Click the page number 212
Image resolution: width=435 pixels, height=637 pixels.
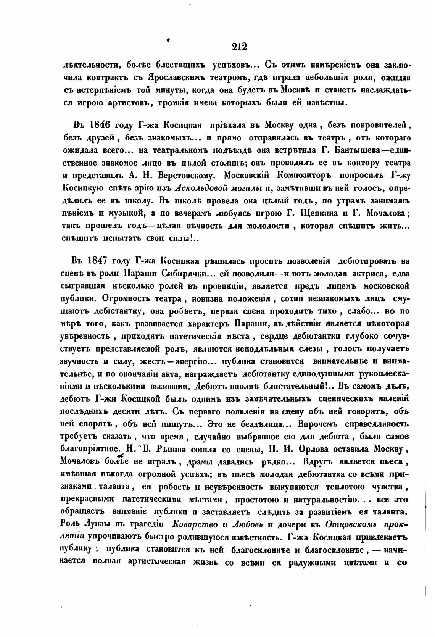[239, 47]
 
